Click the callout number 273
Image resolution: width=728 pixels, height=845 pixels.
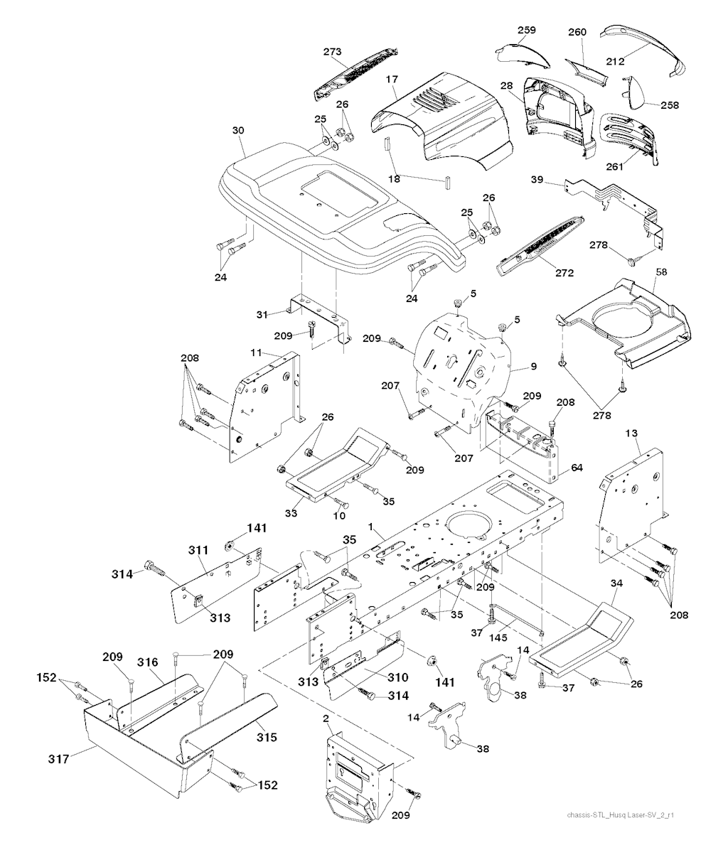tap(332, 52)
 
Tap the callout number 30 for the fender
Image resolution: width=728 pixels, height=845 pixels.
tap(238, 131)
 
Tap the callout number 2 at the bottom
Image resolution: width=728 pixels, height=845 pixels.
tap(326, 718)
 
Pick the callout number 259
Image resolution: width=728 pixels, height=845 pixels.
tap(527, 30)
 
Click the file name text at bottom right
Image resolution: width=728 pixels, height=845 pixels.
tap(621, 815)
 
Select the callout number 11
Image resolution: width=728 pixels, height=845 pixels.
tap(256, 353)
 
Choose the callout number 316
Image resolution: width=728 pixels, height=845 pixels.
tap(148, 662)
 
